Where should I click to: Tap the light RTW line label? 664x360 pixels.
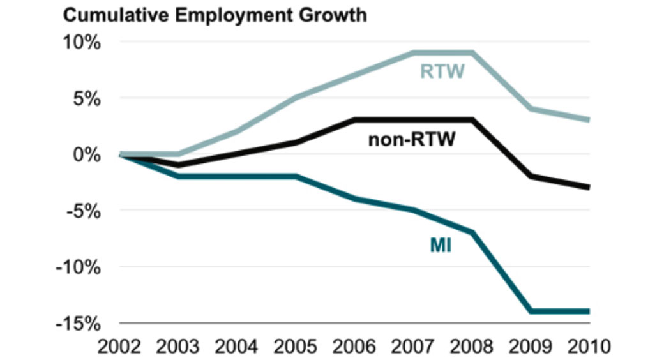click(x=442, y=70)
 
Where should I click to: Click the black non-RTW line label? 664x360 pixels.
click(x=412, y=139)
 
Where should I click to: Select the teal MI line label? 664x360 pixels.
click(x=440, y=244)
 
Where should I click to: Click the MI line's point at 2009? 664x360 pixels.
click(x=530, y=311)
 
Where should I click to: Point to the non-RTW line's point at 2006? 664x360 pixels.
click(x=355, y=120)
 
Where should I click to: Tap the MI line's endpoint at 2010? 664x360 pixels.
click(x=587, y=311)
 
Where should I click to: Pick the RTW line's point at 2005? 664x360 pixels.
click(x=296, y=98)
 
